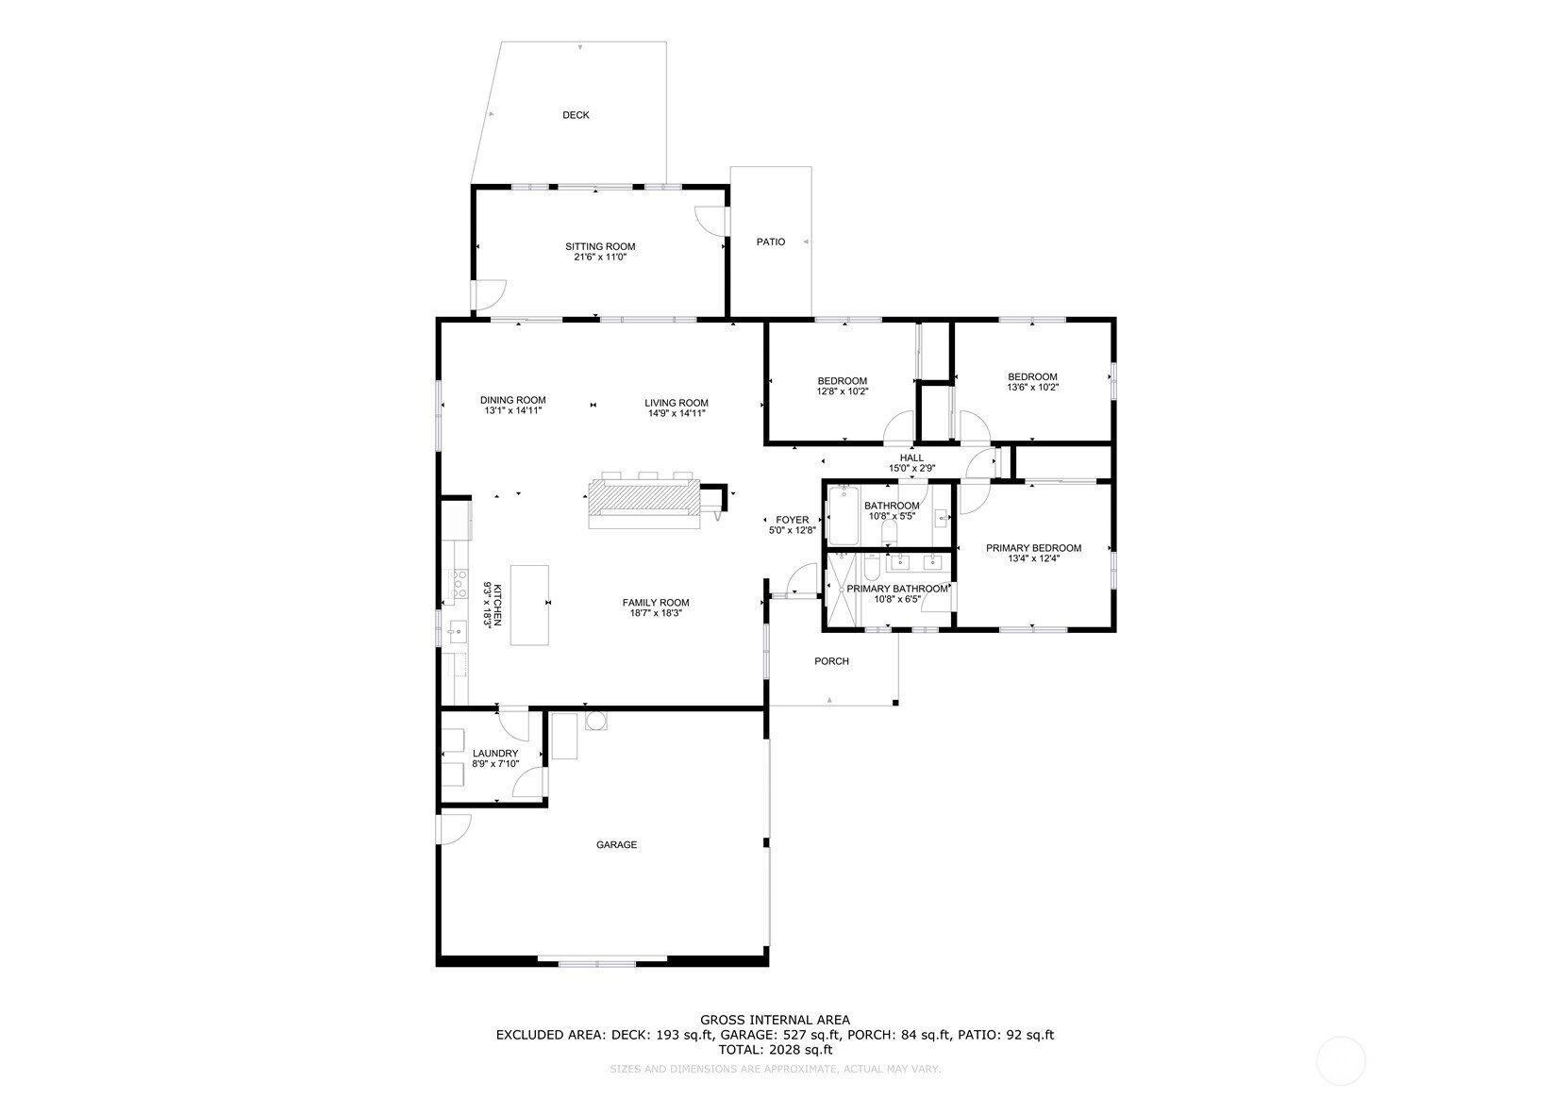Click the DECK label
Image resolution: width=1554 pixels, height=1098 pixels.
click(x=576, y=115)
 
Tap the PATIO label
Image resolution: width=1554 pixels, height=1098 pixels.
click(x=771, y=242)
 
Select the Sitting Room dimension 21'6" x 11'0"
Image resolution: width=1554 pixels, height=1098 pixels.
click(x=600, y=257)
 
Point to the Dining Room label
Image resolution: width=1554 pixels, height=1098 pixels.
click(x=513, y=400)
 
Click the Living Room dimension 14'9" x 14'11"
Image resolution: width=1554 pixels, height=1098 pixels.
click(x=677, y=413)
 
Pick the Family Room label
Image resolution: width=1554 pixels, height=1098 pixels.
click(x=656, y=603)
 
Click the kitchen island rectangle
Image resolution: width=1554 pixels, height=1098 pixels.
click(x=529, y=605)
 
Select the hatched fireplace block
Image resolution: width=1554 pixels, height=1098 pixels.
click(x=644, y=496)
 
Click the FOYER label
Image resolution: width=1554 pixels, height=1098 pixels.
click(x=793, y=520)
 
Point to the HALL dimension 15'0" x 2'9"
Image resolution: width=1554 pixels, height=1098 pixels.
click(x=912, y=468)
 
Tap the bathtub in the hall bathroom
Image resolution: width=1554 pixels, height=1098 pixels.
click(x=843, y=515)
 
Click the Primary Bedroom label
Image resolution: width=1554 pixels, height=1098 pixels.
click(x=1034, y=548)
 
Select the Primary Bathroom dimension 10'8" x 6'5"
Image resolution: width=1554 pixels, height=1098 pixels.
click(x=897, y=599)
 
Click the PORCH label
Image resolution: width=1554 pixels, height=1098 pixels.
click(x=832, y=661)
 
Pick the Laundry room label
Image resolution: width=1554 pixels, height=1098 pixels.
click(x=495, y=754)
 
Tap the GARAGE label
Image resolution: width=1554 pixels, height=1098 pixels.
click(x=617, y=845)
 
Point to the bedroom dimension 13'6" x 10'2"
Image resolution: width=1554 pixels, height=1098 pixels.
click(x=1033, y=388)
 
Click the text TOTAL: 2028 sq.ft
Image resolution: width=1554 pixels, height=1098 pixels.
click(x=775, y=1050)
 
